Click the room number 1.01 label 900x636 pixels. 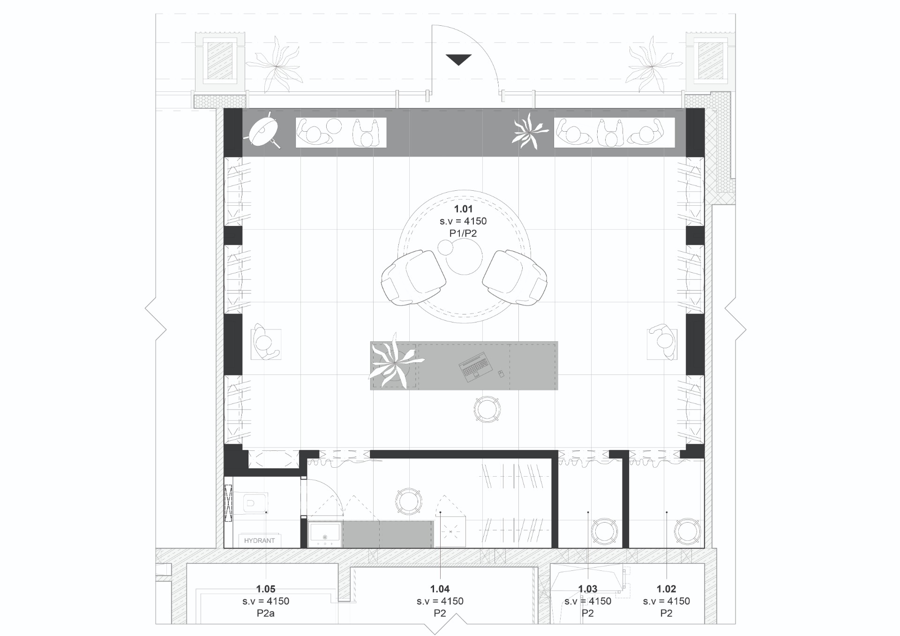(x=463, y=209)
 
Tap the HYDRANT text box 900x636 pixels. (x=259, y=540)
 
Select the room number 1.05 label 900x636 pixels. (x=266, y=589)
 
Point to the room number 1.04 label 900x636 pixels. (x=440, y=589)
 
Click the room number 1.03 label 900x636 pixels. (x=588, y=589)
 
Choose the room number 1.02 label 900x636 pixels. (x=666, y=589)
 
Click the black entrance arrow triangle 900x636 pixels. (x=458, y=60)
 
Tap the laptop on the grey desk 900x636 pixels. (x=475, y=368)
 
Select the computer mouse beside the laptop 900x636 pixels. (x=500, y=373)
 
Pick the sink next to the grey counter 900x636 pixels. (x=325, y=534)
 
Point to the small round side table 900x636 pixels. (x=445, y=247)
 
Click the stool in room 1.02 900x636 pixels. (x=687, y=531)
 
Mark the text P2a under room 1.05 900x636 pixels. (x=266, y=613)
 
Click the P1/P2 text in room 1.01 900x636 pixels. (x=463, y=233)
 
